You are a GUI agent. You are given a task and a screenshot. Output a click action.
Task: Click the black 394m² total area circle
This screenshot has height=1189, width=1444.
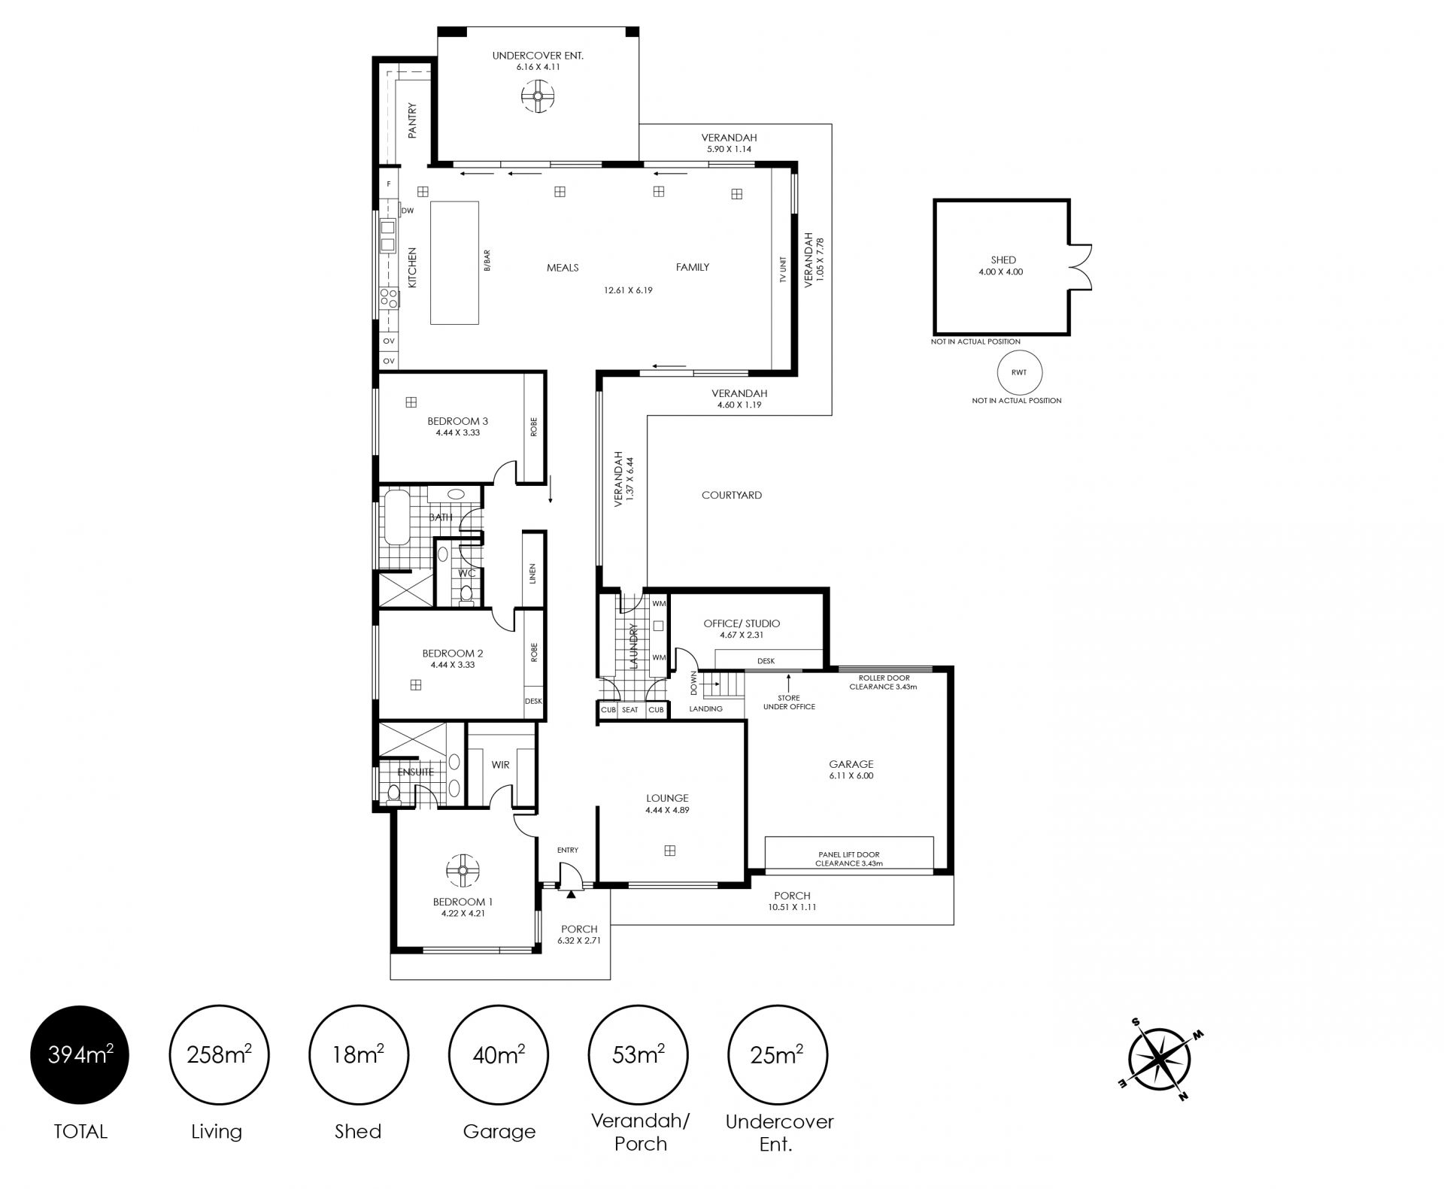[80, 1055]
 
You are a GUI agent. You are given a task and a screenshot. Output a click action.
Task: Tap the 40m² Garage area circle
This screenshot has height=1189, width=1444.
[499, 1055]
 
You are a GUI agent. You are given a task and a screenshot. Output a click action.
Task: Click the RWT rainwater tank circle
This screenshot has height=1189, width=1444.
[1019, 372]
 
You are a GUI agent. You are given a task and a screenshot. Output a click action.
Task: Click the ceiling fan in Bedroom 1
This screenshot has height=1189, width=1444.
[463, 871]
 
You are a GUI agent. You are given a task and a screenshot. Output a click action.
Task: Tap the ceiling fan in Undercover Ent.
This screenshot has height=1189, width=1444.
[538, 96]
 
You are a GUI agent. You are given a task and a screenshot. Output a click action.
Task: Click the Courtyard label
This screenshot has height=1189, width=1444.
[732, 495]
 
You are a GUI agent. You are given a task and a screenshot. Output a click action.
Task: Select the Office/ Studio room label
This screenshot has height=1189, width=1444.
[742, 623]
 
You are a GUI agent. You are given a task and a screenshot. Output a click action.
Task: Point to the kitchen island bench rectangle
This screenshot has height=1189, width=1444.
[454, 262]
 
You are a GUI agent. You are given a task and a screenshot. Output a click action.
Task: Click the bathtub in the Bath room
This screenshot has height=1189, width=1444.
[396, 517]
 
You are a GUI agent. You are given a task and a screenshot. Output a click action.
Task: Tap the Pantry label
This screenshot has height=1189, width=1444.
[412, 120]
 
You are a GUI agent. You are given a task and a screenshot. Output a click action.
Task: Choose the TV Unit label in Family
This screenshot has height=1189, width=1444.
[783, 269]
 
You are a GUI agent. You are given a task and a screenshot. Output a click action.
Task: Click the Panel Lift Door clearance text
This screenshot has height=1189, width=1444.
[849, 859]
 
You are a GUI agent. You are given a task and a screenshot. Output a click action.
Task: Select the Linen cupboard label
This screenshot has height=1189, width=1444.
[532, 574]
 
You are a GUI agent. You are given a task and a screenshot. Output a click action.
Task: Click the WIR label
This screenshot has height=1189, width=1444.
[500, 765]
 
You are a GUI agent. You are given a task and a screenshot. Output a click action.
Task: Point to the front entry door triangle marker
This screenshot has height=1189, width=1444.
[571, 894]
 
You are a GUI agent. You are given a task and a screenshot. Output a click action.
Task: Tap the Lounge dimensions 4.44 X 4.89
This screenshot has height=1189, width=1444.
[667, 810]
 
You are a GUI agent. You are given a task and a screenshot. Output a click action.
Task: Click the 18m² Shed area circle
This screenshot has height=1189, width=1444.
[359, 1055]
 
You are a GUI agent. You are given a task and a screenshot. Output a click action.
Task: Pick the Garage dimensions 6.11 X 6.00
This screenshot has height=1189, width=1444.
[851, 775]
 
